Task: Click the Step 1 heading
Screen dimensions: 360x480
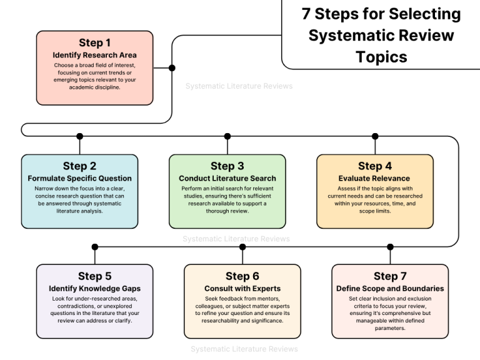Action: click(x=95, y=43)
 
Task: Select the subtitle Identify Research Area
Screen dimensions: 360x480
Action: click(x=95, y=55)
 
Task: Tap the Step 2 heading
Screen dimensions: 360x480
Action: click(x=79, y=166)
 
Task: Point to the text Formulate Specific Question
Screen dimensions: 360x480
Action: click(x=79, y=179)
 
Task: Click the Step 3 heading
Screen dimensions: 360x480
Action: click(x=227, y=166)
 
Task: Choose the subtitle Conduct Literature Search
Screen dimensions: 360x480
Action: click(x=227, y=179)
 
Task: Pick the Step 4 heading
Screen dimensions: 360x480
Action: click(x=374, y=166)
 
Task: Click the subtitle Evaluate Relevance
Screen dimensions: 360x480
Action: click(x=374, y=179)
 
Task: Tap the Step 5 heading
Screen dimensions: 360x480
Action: click(x=95, y=276)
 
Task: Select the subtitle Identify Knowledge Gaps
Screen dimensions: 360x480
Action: click(x=95, y=289)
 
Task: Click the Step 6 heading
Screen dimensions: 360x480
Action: click(x=242, y=276)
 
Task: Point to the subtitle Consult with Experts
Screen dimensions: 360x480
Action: click(x=242, y=289)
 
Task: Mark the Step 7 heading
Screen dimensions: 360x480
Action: click(x=390, y=276)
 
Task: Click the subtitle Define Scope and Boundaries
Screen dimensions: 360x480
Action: click(x=390, y=289)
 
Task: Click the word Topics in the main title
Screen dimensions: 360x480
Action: click(x=381, y=57)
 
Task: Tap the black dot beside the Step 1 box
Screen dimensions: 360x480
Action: click(x=172, y=67)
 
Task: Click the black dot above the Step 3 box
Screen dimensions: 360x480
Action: click(x=227, y=136)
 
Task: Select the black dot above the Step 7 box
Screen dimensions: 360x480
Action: click(x=390, y=247)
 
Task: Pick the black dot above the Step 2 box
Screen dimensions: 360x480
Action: click(x=79, y=136)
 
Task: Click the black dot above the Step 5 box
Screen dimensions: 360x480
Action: click(x=95, y=247)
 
